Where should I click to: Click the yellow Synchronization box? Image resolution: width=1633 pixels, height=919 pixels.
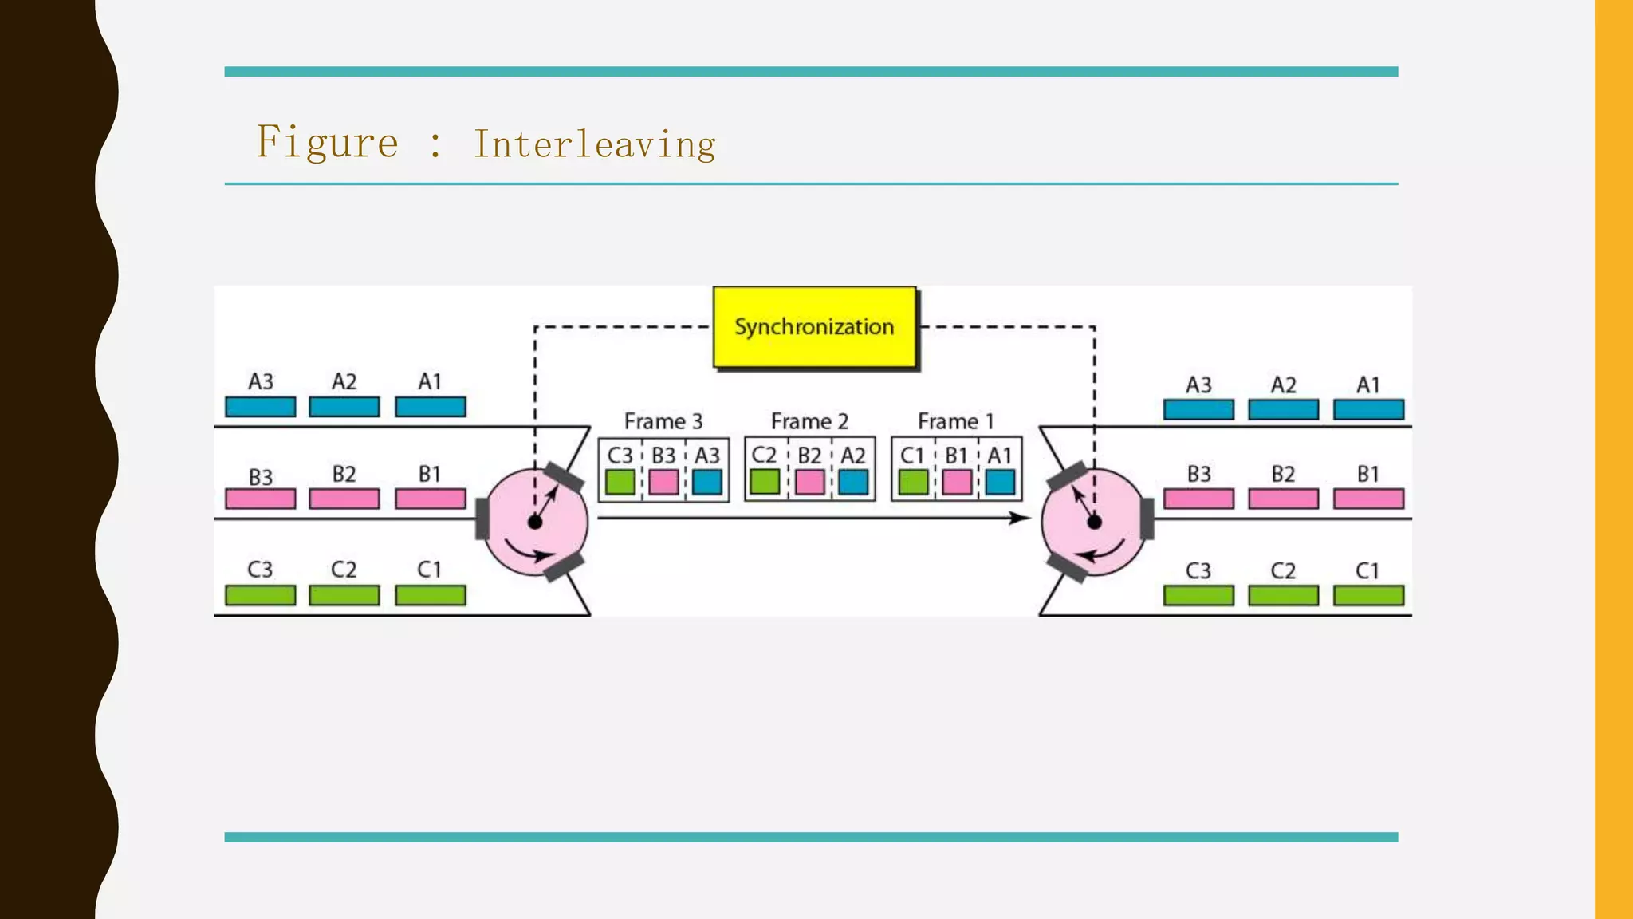814,327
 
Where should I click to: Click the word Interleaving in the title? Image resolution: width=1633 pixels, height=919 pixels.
594,144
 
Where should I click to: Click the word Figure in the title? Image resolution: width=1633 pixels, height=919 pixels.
327,143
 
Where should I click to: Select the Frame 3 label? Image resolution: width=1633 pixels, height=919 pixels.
663,421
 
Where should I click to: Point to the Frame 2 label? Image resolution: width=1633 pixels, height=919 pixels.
809,421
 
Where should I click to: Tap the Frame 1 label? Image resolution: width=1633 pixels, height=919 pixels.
955,421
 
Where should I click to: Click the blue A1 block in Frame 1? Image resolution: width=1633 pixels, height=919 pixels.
1000,483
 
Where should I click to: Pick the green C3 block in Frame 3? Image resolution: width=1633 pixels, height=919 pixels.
620,483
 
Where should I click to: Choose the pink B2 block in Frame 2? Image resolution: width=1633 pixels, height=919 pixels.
810,483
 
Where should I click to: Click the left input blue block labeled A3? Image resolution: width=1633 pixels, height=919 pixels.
260,407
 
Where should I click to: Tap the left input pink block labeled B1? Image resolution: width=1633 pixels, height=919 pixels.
431,499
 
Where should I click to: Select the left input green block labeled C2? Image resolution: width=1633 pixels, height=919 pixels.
344,595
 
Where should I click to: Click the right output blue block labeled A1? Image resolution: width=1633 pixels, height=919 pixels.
1368,410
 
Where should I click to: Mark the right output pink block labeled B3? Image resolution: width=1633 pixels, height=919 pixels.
1198,499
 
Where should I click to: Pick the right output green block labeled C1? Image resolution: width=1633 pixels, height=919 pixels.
1368,596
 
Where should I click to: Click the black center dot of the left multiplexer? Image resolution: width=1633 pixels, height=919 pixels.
535,523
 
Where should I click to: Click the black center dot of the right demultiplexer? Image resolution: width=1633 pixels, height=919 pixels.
1094,523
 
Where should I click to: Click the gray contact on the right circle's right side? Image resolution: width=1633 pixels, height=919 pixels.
1147,519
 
